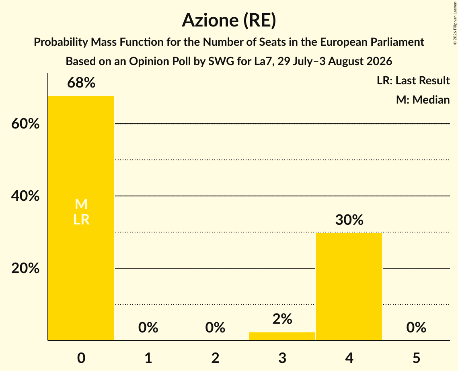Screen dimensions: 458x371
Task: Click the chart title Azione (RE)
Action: click(229, 20)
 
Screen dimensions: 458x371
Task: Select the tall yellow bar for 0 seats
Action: click(81, 218)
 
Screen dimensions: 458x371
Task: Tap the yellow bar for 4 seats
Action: click(349, 287)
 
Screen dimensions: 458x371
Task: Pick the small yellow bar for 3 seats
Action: click(282, 336)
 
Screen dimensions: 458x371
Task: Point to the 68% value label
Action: click(81, 83)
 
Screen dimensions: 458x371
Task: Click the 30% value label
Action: click(349, 220)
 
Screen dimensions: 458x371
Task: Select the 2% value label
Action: click(282, 319)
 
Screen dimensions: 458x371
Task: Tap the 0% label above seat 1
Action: click(148, 327)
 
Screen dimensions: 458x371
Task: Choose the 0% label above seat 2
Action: click(215, 327)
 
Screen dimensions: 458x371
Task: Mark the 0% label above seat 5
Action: click(416, 327)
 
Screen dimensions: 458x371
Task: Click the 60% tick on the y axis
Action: click(25, 124)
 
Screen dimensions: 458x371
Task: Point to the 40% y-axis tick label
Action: click(25, 196)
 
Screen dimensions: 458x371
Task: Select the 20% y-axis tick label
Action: click(25, 268)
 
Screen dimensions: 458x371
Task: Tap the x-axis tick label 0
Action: click(81, 358)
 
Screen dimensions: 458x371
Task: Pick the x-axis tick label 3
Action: click(282, 358)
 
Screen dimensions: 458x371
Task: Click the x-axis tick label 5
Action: click(416, 358)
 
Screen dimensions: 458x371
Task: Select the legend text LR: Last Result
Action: click(413, 80)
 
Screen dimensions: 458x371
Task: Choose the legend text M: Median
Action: click(423, 100)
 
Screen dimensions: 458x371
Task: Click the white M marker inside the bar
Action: click(81, 204)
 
